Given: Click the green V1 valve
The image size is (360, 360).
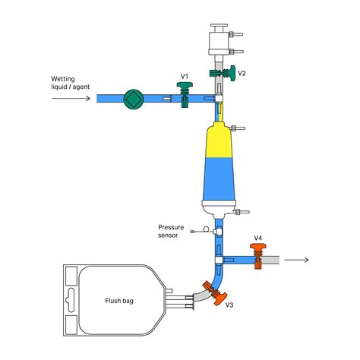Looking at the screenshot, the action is point(185,94).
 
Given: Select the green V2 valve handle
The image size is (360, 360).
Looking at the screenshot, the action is point(232,73).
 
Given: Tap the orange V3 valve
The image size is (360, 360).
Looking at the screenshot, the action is point(215,293).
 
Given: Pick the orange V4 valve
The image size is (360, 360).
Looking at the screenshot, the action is point(258,256).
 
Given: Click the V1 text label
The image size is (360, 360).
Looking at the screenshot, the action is point(185,76).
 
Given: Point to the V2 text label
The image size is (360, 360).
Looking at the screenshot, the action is point(242,73).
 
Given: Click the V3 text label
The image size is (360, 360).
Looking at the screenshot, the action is point(229,305).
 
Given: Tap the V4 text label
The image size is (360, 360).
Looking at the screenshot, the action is point(258,238).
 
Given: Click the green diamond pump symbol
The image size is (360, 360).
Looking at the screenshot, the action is point(134,99).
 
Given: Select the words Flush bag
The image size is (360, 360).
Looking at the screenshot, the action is point(119,301).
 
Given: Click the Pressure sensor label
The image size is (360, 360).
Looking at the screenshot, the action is point(171,231).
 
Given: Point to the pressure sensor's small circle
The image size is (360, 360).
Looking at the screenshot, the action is point(207,229).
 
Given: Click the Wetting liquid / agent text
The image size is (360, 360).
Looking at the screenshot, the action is point(71,83).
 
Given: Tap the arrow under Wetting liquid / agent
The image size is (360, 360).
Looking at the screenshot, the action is point(71,98).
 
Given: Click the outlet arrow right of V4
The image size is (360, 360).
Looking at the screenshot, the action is point(296,260).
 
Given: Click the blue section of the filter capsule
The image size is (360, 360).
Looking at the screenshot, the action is point(219,178).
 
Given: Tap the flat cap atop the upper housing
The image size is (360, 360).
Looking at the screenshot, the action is point(219,26).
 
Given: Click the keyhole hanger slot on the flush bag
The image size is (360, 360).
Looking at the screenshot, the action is point(71,300).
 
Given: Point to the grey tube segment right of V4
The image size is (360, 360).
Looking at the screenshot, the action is point(270,260).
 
